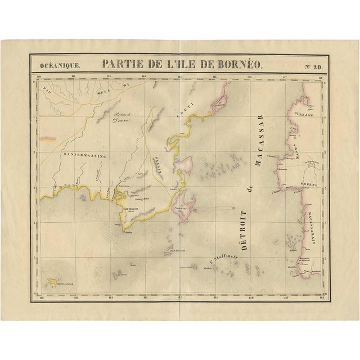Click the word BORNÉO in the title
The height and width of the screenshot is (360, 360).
[234, 64]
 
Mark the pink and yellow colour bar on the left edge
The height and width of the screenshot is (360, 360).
[49, 137]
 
